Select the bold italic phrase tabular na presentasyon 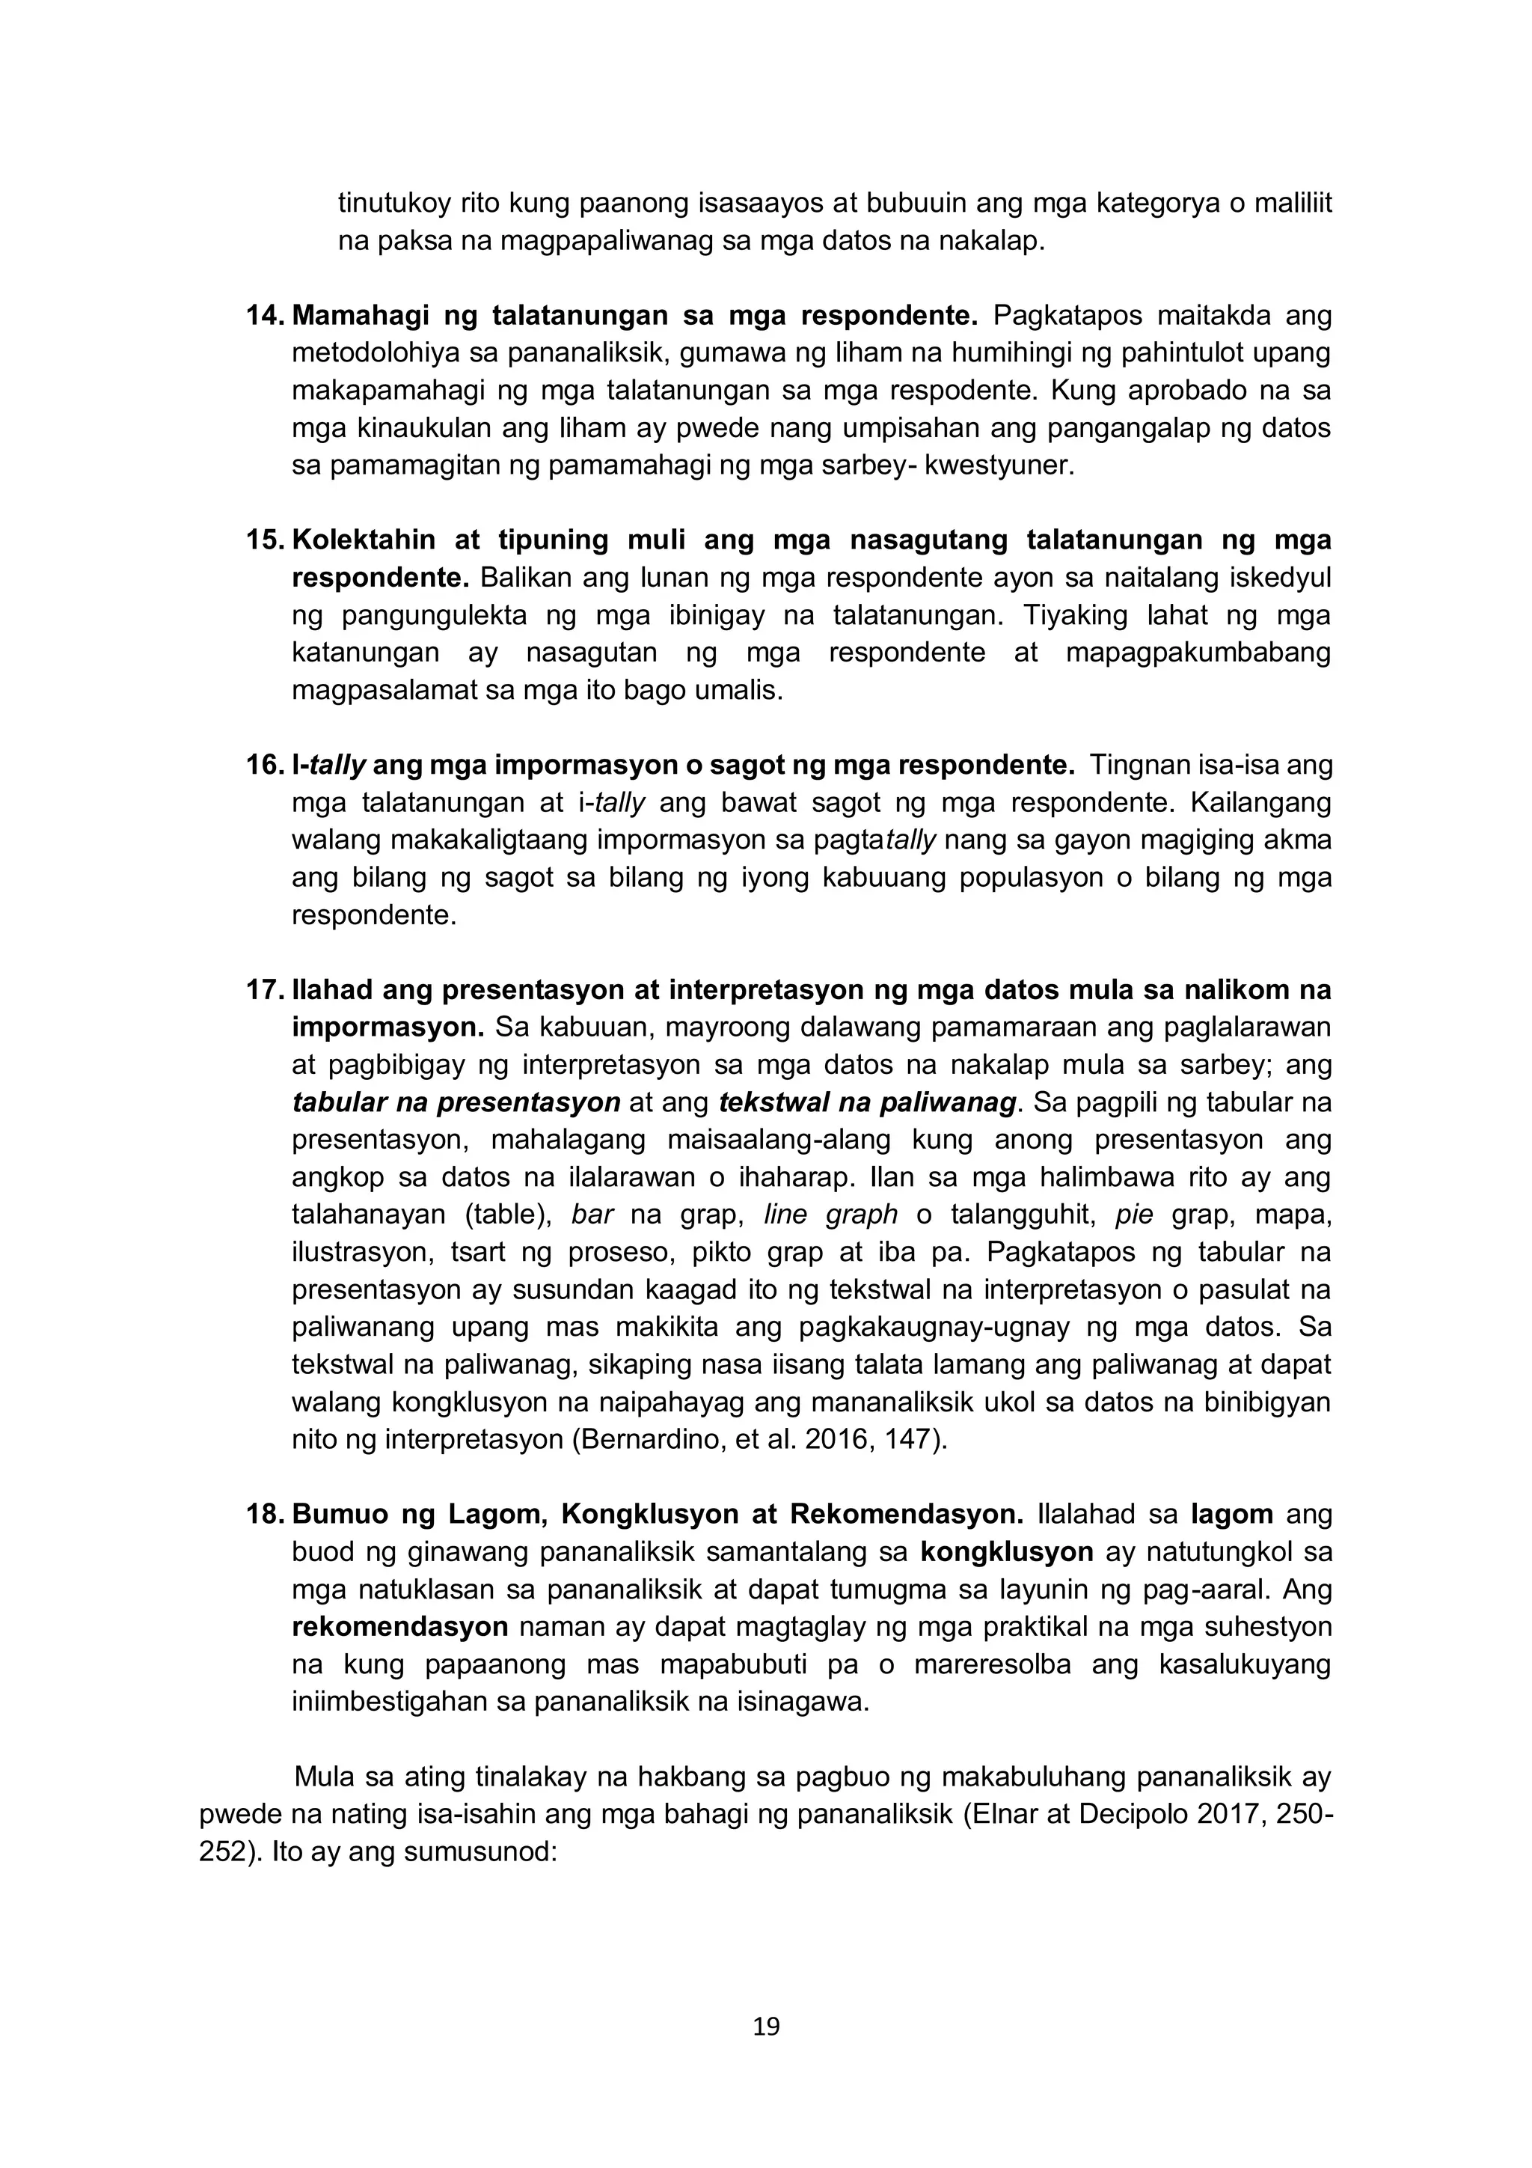pos(456,1103)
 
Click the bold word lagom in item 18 pos(1232,1515)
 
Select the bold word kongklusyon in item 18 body pos(1006,1552)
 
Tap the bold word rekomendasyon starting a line pos(400,1627)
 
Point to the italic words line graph pos(830,1215)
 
